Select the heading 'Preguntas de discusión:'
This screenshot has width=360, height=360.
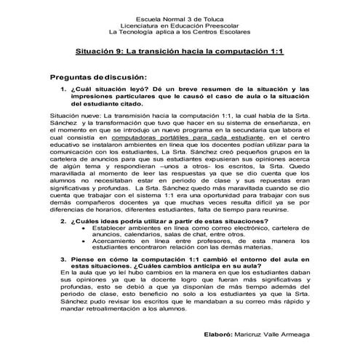[x=99, y=77]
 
